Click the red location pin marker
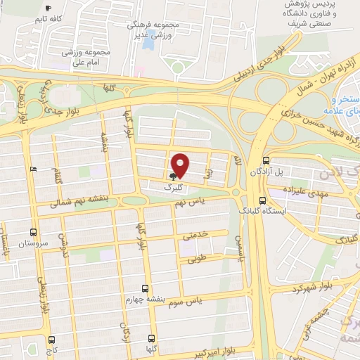tap(181, 165)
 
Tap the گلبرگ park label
tap(173, 188)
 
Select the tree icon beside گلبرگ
tap(173, 176)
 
